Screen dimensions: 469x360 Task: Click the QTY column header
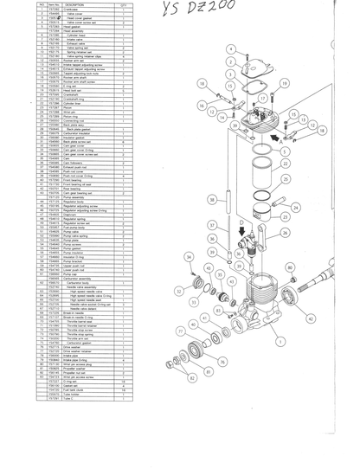(124, 5)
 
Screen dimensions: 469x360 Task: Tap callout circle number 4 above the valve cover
(232, 49)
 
